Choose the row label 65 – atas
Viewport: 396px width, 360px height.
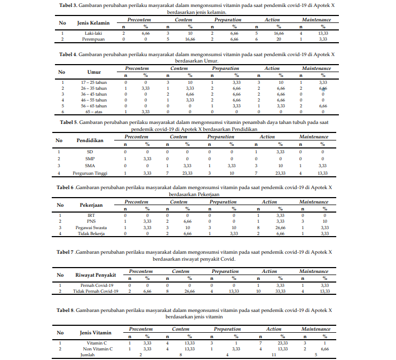tap(94, 112)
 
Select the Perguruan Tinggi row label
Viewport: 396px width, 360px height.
tap(90, 173)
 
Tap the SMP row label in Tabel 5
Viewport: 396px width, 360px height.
tap(90, 159)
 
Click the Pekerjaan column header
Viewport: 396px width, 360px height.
tap(91, 205)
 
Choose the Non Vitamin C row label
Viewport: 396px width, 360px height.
tap(97, 348)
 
